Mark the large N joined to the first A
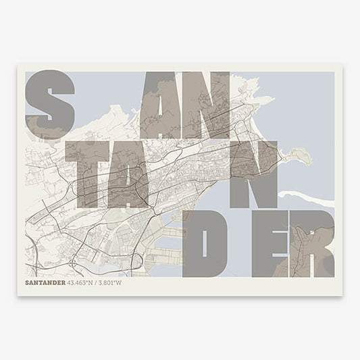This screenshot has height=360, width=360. tap(207, 105)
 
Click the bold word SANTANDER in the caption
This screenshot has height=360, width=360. tap(44, 282)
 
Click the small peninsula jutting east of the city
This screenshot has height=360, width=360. tap(297, 157)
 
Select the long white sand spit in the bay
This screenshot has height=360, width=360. tap(307, 196)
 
